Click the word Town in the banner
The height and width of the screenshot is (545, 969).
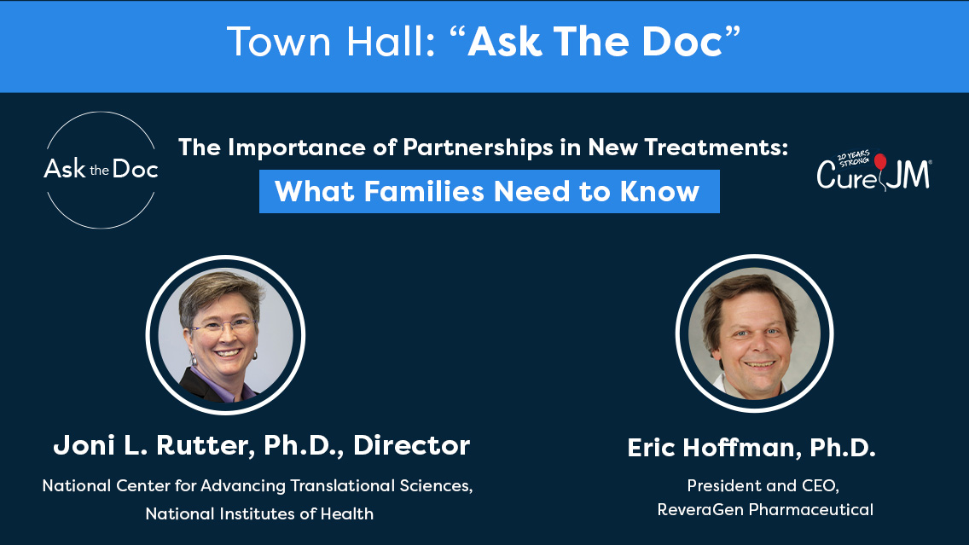(279, 42)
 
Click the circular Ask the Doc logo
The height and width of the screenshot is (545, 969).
(101, 170)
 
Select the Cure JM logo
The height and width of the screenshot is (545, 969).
(873, 171)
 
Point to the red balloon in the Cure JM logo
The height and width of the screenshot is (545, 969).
(880, 161)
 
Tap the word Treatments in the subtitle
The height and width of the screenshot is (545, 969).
(717, 147)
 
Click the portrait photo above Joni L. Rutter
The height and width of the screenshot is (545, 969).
(225, 335)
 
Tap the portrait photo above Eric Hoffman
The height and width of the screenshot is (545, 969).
(755, 333)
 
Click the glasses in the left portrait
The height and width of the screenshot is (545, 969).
(223, 326)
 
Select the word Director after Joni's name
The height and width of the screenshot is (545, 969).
(412, 445)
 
